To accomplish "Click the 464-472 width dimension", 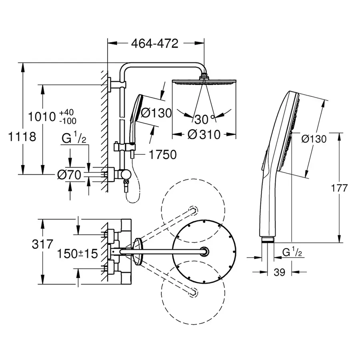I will click(x=156, y=44).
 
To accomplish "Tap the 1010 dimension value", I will click(x=42, y=117).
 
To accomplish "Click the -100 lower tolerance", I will click(x=67, y=120).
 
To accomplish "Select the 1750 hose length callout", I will click(x=162, y=154).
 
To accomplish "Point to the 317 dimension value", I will click(x=42, y=244).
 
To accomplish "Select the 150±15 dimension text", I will click(x=77, y=254).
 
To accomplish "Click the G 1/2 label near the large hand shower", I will click(x=291, y=252).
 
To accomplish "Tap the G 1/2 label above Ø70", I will click(x=74, y=139).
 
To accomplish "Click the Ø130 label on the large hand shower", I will click(x=314, y=139).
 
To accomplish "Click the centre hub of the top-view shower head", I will click(x=205, y=251).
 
